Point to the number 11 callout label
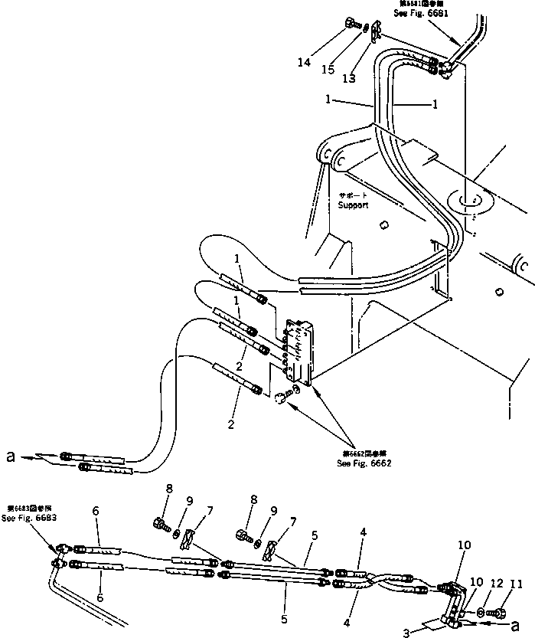pos(517,584)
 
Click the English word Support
pos(354,205)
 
